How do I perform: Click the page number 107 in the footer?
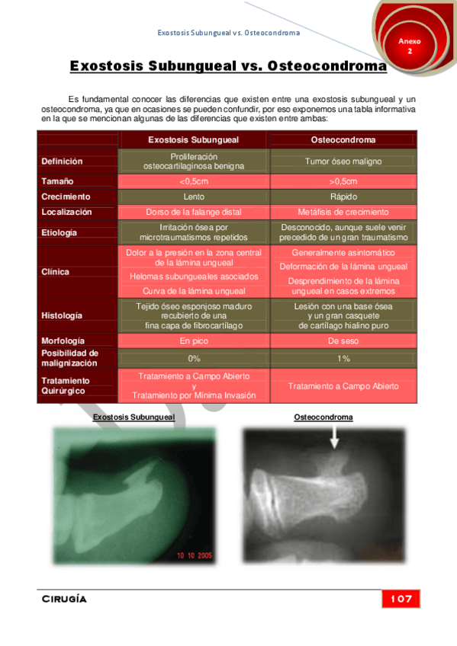pos(400,599)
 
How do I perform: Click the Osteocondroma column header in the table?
pos(343,140)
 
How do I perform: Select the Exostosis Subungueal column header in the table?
pos(193,140)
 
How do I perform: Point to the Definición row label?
pos(63,161)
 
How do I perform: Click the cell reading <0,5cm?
pos(193,181)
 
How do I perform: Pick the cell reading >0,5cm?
pos(343,181)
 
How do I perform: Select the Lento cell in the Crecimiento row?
pos(193,197)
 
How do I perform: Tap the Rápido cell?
pos(343,197)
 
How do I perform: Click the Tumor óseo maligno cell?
pos(343,161)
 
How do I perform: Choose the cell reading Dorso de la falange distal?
pos(193,212)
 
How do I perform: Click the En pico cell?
pos(193,341)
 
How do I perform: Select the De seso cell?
pos(343,341)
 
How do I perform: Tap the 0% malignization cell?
pos(193,358)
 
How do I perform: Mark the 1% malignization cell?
pos(343,358)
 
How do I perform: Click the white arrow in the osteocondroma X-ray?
pos(333,438)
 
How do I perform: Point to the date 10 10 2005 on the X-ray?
pos(195,556)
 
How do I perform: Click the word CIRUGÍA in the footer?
pos(64,599)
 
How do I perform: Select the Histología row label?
pos(63,315)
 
